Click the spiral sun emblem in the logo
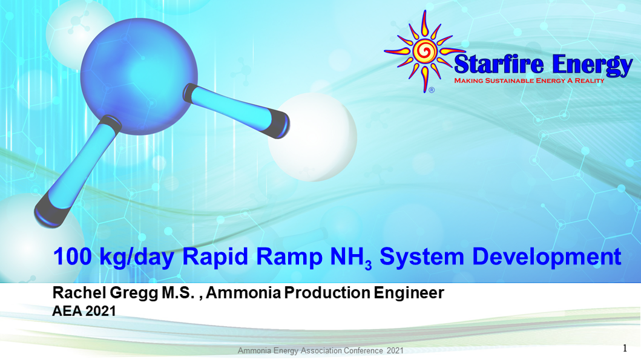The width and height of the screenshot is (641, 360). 426,52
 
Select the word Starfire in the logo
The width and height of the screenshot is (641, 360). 496,64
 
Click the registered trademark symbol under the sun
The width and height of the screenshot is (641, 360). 431,90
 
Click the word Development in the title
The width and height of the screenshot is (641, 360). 547,257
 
